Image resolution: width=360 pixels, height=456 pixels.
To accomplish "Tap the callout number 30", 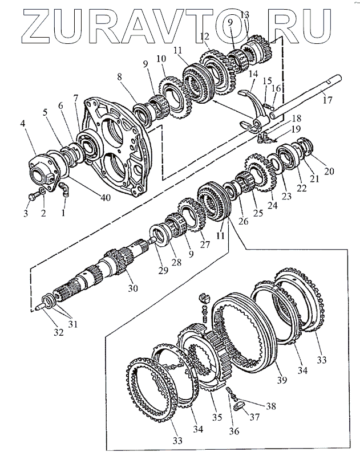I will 132,288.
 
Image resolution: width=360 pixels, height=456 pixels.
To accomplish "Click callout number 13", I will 245,14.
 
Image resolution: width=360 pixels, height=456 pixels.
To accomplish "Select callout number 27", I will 204,245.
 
